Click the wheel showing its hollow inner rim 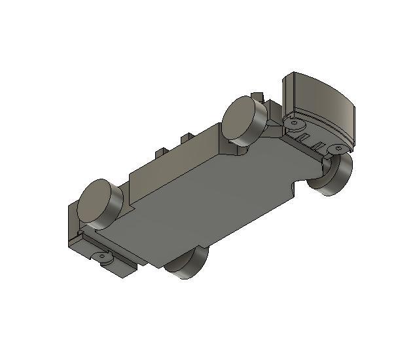coord(334,173)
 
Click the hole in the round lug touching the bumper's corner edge coord(294,122)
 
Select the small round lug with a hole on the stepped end coord(103,258)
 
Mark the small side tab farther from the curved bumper coord(159,152)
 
